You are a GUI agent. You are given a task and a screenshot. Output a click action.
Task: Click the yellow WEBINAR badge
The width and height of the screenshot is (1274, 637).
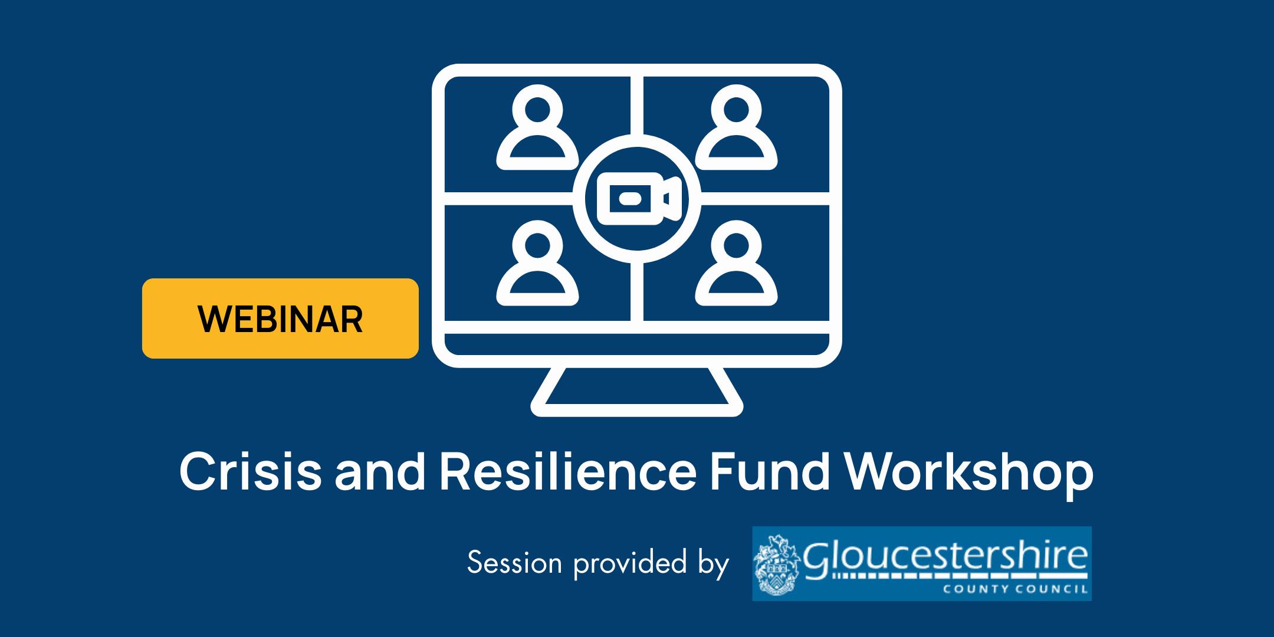pyautogui.click(x=280, y=318)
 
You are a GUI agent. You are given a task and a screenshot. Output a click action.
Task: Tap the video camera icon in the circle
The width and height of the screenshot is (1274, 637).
pyautogui.click(x=638, y=199)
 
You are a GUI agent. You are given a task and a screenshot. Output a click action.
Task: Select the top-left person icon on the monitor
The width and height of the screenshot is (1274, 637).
pyautogui.click(x=537, y=129)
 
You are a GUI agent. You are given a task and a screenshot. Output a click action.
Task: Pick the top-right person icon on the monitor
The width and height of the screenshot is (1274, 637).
pyautogui.click(x=736, y=129)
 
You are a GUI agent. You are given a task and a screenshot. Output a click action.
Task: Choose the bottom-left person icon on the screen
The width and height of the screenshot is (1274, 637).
pyautogui.click(x=537, y=264)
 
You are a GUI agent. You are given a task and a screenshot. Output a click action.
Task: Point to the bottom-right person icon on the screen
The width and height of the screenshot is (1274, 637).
pyautogui.click(x=736, y=264)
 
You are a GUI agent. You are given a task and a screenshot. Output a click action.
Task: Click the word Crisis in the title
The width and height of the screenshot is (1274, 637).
pyautogui.click(x=251, y=471)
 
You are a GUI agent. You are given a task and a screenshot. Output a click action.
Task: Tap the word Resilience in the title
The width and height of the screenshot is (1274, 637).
pyautogui.click(x=568, y=471)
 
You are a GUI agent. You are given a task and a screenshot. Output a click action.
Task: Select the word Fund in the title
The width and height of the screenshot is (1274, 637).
pyautogui.click(x=770, y=471)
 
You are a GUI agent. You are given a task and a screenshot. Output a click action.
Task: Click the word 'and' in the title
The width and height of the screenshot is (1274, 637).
pyautogui.click(x=380, y=471)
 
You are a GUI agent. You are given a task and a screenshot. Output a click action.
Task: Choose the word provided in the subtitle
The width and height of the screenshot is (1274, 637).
pyautogui.click(x=631, y=563)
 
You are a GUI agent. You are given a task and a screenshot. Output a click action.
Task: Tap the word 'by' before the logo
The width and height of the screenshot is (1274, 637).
pyautogui.click(x=714, y=564)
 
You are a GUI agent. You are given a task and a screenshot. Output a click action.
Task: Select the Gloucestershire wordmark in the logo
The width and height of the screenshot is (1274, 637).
pyautogui.click(x=945, y=556)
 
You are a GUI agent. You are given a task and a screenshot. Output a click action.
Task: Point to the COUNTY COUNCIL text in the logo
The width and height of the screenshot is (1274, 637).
pyautogui.click(x=1014, y=589)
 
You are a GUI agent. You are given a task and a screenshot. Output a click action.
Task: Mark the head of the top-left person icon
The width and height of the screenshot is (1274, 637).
pyautogui.click(x=537, y=110)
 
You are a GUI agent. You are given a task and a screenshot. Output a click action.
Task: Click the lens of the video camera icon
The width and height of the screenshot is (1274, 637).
pyautogui.click(x=630, y=199)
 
